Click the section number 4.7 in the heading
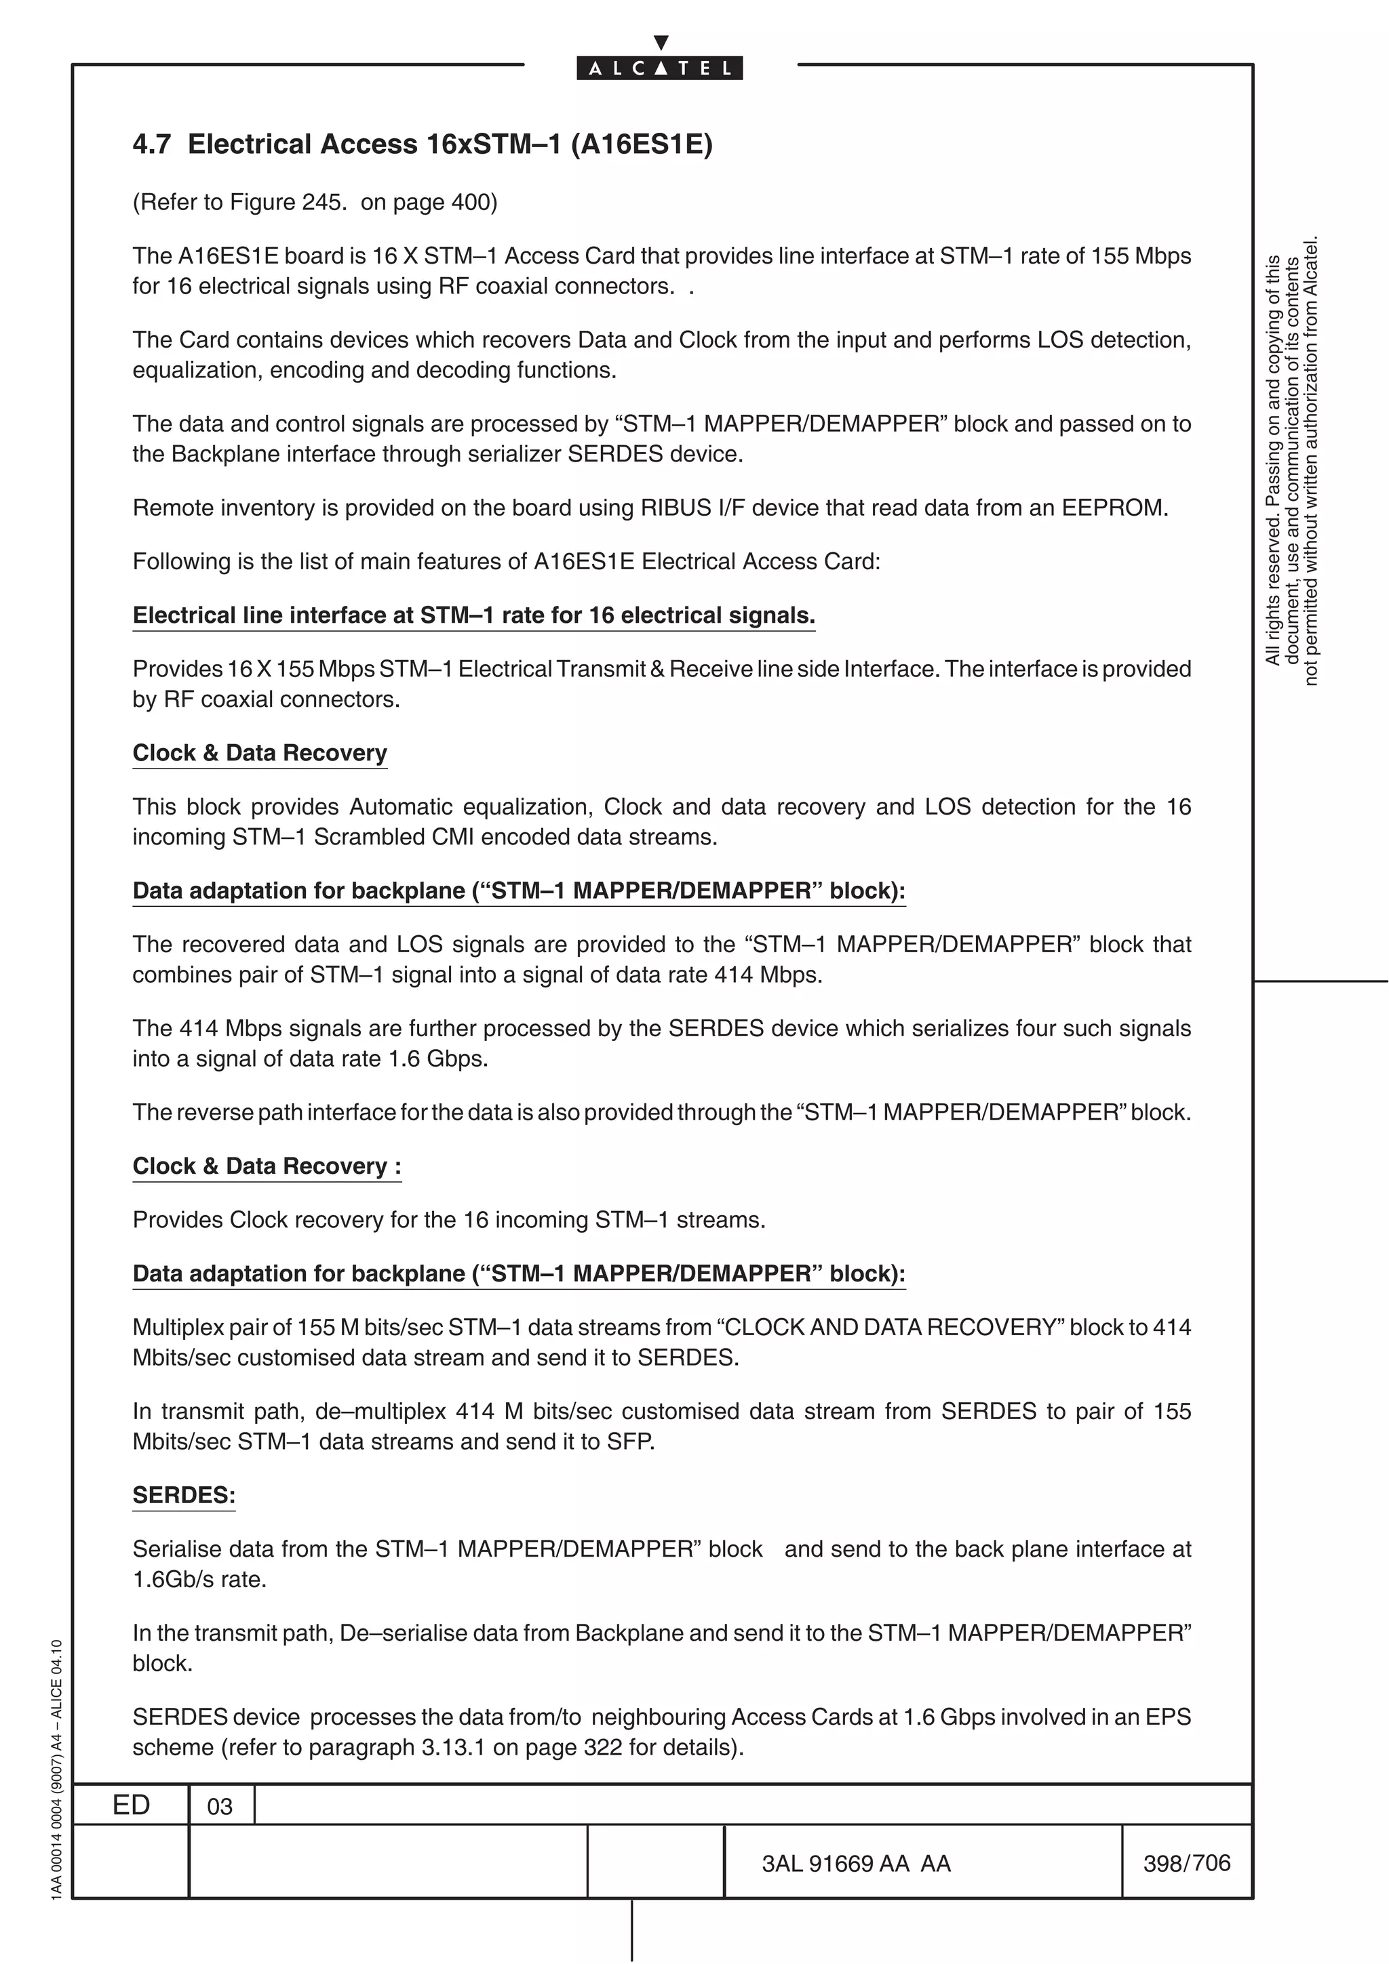[151, 144]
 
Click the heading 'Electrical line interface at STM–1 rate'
[473, 616]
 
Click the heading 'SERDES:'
[183, 1495]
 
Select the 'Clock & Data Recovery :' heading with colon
[266, 1167]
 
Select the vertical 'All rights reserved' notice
[1291, 462]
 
